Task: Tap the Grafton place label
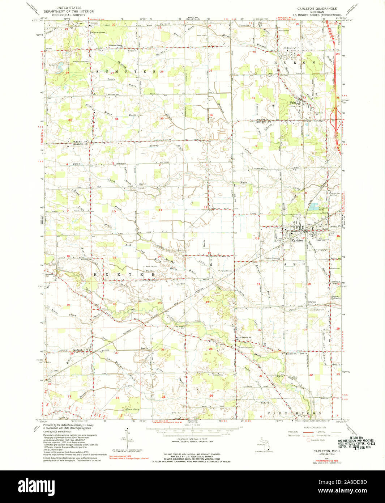pos(312,302)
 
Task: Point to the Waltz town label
pos(293,102)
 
